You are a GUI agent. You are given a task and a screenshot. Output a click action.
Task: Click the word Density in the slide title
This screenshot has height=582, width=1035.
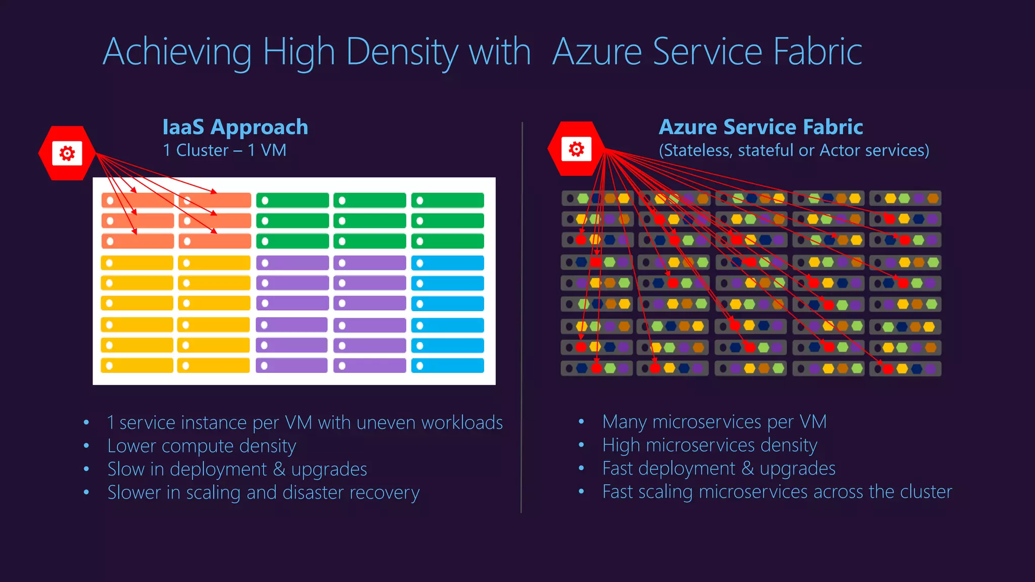point(402,52)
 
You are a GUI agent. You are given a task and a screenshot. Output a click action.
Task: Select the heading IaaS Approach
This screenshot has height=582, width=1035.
point(235,127)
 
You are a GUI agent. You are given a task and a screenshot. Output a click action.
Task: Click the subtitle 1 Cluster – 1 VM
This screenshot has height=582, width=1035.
point(224,150)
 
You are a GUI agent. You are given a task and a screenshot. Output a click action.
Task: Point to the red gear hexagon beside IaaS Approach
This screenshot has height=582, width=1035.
point(67,153)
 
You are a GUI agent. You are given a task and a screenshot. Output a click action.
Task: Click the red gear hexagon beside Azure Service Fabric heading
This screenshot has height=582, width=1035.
point(576,149)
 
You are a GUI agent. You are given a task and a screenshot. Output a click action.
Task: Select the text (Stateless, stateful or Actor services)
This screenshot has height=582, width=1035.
point(793,150)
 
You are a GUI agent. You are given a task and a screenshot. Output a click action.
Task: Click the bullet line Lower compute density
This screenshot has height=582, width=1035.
point(202,446)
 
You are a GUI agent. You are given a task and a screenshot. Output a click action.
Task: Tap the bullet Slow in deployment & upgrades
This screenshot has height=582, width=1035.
point(237,469)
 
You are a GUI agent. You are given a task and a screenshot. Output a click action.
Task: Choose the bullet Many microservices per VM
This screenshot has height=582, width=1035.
point(714,421)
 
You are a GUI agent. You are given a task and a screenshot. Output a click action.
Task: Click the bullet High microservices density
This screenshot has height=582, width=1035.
point(710,445)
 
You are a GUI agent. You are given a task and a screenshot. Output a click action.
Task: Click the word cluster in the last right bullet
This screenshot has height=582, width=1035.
point(926,491)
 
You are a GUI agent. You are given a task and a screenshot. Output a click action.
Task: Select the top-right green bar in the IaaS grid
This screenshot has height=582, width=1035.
point(447,201)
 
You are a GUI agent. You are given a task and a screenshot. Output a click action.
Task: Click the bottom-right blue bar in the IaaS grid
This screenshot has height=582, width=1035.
point(447,366)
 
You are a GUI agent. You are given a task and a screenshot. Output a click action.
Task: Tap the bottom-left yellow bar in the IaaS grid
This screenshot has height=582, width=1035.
point(137,366)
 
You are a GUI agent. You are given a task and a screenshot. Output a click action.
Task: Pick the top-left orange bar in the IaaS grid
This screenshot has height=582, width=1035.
point(137,201)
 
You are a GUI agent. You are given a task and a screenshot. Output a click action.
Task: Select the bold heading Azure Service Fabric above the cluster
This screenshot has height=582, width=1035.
point(761,127)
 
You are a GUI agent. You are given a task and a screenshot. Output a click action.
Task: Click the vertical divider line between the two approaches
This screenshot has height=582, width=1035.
point(522,318)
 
